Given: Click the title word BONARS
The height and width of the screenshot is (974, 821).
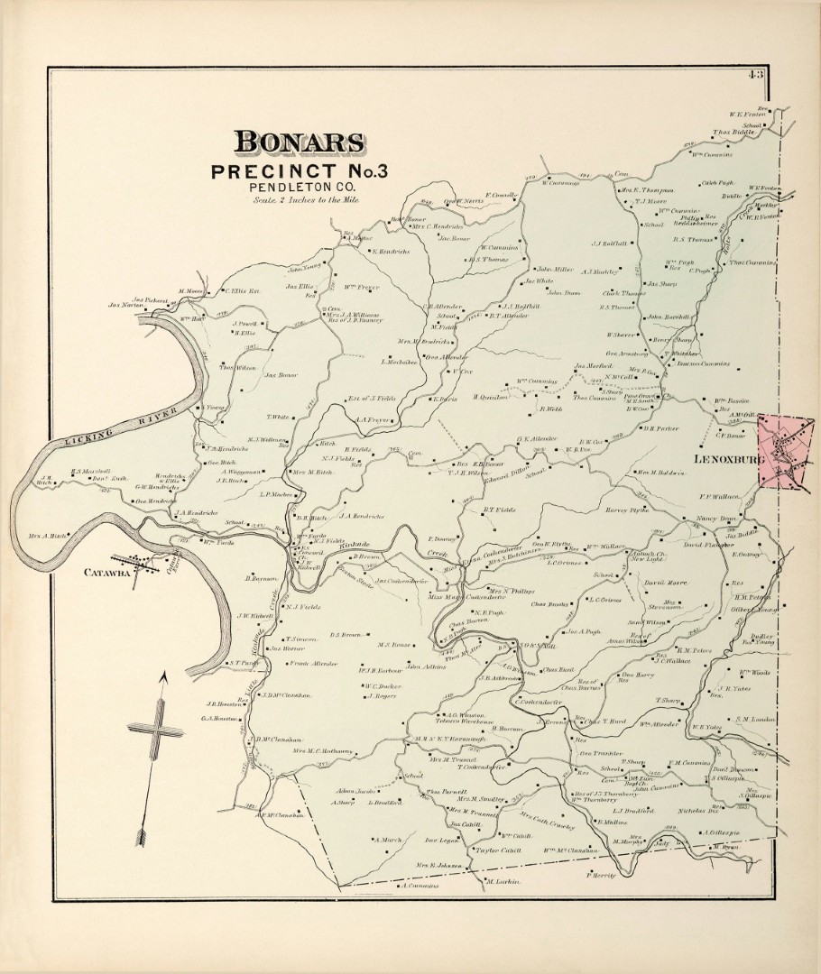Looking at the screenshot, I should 300,142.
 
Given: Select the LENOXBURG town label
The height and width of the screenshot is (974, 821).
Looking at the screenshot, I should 728,461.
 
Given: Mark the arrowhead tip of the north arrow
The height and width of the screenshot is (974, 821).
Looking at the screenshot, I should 162,674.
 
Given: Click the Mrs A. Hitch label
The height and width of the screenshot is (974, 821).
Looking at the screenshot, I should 53,535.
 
